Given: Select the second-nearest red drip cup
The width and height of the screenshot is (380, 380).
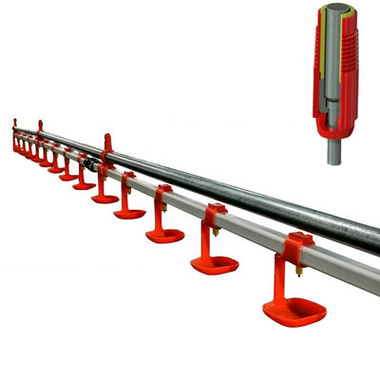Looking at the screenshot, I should tap(214, 264).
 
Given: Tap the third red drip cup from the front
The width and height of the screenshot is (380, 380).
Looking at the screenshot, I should tap(164, 234).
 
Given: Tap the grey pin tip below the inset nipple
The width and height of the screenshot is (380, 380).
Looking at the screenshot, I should tap(333, 153).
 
